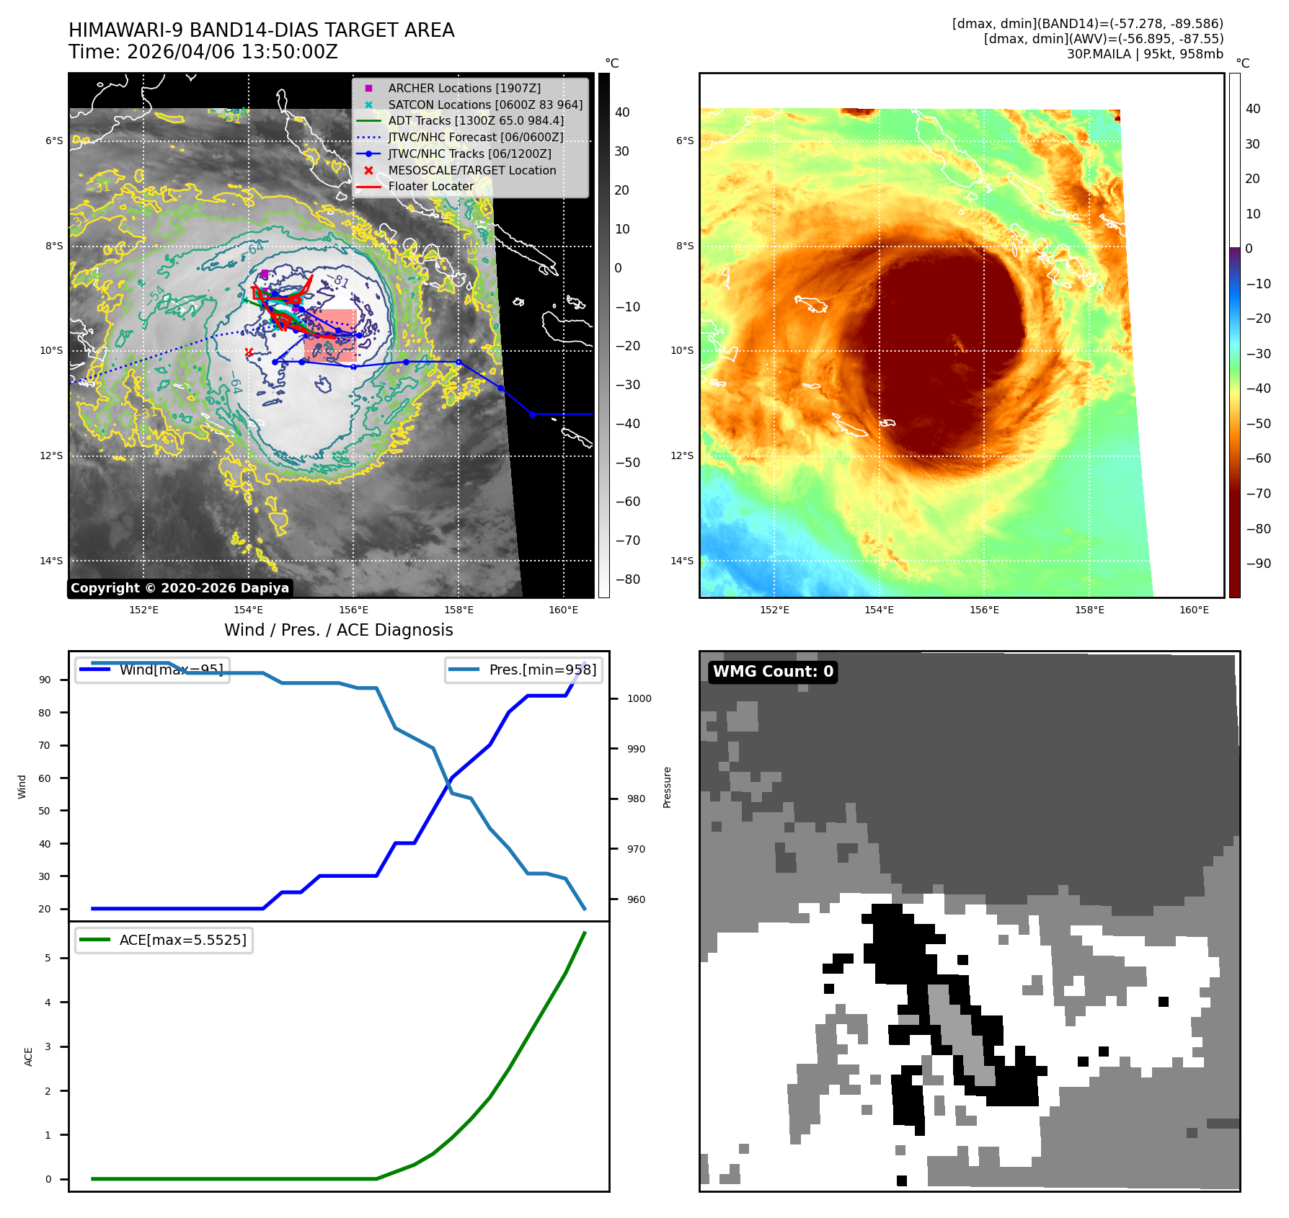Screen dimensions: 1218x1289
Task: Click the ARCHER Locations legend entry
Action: tap(464, 88)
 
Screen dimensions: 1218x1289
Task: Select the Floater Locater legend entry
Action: tap(430, 186)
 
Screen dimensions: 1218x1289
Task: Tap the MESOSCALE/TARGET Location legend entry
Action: tap(471, 170)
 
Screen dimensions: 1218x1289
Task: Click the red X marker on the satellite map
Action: tap(249, 352)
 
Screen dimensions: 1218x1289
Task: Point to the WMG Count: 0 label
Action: tap(773, 672)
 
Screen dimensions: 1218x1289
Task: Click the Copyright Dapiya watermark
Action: tap(180, 588)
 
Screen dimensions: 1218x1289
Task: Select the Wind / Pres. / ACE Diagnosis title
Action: tap(338, 630)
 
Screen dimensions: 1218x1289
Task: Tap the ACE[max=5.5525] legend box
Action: tap(164, 940)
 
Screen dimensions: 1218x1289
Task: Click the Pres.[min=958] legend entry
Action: tap(524, 670)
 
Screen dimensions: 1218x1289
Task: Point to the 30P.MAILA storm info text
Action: tap(1145, 54)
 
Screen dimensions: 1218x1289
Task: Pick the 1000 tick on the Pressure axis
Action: tap(639, 698)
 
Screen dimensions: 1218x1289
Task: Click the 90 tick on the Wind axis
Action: tap(45, 680)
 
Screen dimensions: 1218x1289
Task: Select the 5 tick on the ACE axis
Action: tap(48, 958)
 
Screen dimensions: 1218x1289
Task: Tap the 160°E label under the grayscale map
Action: tap(563, 610)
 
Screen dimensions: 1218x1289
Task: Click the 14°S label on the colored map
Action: tap(681, 561)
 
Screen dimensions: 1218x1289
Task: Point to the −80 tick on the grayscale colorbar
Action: tap(627, 579)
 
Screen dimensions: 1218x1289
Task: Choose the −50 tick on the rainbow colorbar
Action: tap(1258, 423)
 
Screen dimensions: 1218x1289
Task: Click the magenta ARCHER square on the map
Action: tap(265, 274)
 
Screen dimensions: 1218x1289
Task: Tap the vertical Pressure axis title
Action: tap(667, 787)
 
